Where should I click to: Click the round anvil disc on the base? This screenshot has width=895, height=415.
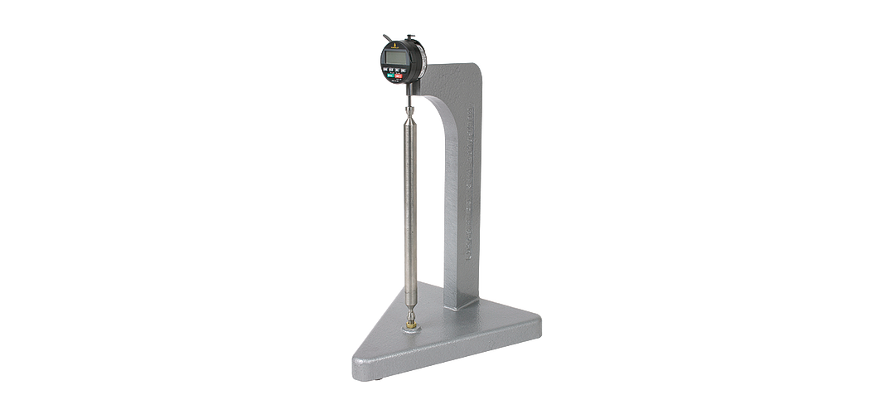coord(410,329)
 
